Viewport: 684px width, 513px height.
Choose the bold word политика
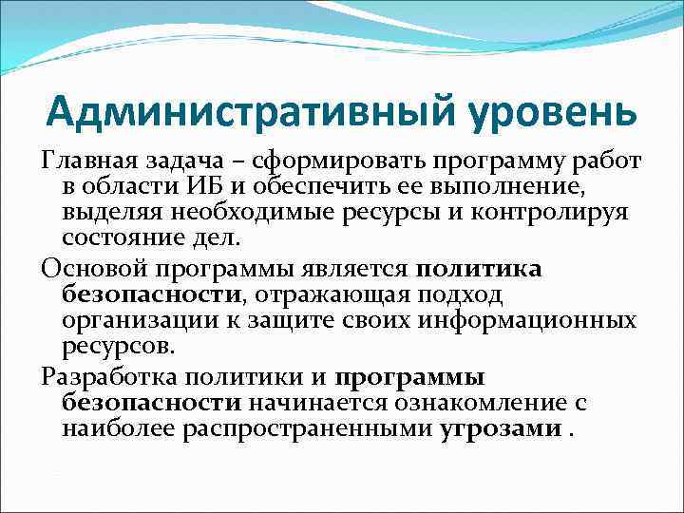(x=480, y=268)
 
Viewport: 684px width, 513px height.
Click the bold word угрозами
(x=501, y=427)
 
